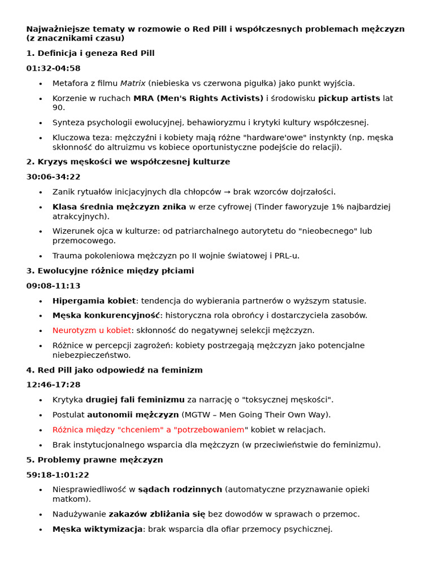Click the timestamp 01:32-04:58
click(53, 68)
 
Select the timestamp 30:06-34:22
click(53, 177)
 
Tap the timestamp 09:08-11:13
click(53, 286)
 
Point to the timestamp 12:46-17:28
click(53, 384)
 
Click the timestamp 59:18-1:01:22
click(58, 475)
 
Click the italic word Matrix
click(133, 84)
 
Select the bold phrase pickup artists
click(349, 98)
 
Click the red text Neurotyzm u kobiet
click(92, 330)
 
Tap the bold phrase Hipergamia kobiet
click(94, 301)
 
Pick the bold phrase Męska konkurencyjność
click(106, 316)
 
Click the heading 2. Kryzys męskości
click(128, 162)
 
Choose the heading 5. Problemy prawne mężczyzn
click(94, 460)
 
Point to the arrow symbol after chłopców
click(224, 192)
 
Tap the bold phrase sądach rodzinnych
click(180, 489)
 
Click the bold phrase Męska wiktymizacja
click(97, 529)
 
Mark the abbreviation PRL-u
click(285, 256)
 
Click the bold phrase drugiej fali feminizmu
click(135, 400)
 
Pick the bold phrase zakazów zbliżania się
click(157, 514)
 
